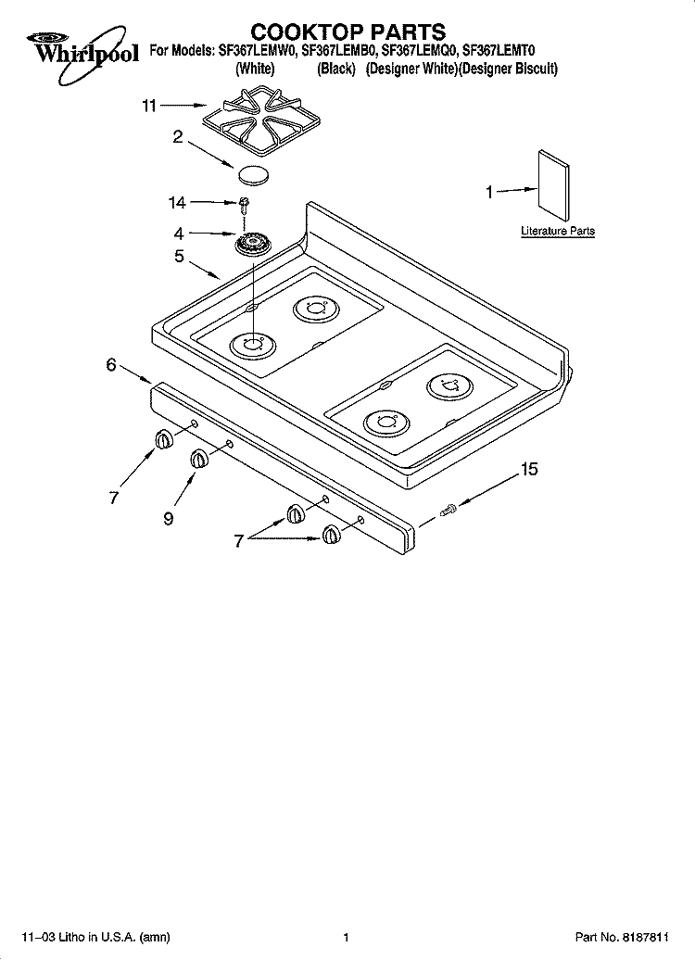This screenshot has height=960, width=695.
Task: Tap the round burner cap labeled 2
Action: [252, 174]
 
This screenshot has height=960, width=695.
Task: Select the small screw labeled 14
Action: [245, 205]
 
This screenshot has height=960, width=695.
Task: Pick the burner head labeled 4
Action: [253, 245]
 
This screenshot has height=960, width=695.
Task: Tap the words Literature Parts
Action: [558, 232]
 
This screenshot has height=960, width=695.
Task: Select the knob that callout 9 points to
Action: [198, 459]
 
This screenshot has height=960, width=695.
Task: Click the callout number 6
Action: [111, 365]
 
